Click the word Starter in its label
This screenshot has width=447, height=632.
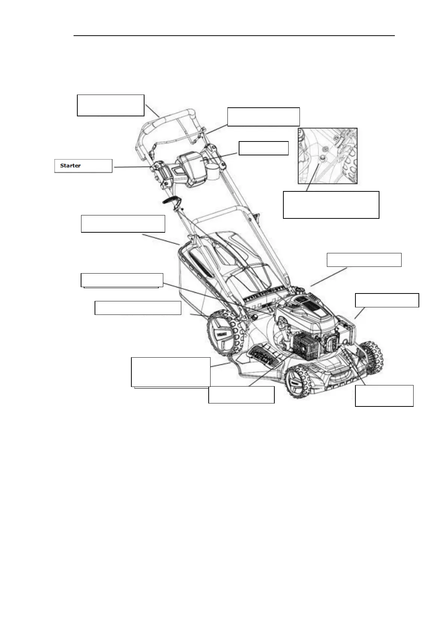tap(71, 166)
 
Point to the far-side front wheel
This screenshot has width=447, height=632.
tap(372, 357)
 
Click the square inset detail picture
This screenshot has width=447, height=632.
tap(328, 156)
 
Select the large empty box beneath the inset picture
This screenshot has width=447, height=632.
tap(331, 205)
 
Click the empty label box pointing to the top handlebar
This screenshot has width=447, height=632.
tap(111, 105)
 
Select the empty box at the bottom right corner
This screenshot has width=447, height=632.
tap(384, 396)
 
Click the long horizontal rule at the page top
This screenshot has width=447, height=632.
tap(234, 36)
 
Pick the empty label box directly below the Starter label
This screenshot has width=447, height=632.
tap(123, 224)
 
